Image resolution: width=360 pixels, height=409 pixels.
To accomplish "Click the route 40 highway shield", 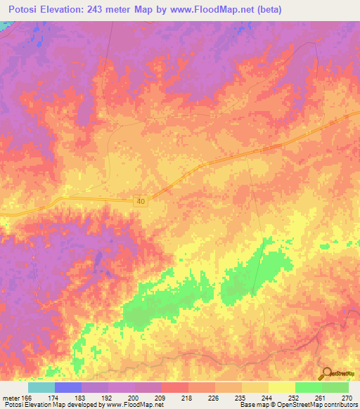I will click(x=142, y=202).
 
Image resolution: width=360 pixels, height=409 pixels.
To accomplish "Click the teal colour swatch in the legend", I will click(x=41, y=387).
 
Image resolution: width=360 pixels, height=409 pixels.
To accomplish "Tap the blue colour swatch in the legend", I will click(x=68, y=387).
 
